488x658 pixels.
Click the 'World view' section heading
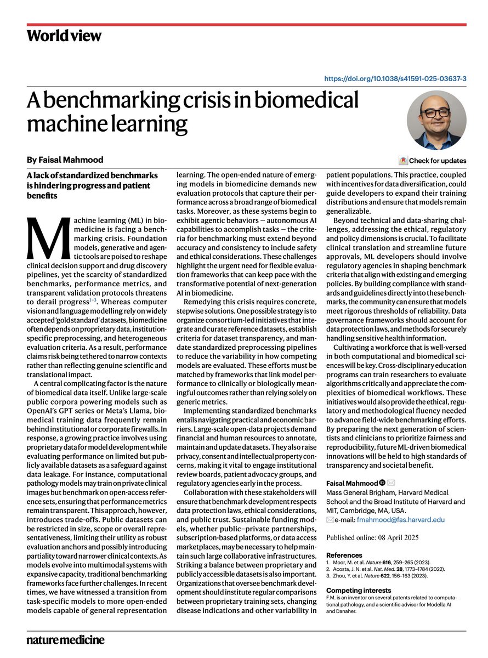coord(64,36)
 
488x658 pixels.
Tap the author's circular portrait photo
coord(436,120)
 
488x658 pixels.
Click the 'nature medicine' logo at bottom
coord(65,639)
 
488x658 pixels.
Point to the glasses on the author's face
coord(436,113)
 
